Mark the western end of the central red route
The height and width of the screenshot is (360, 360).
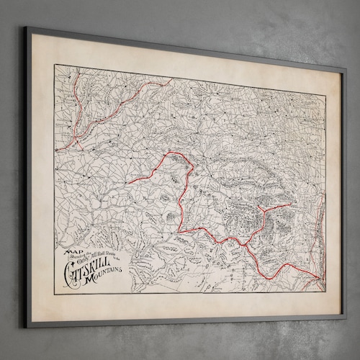point(127,183)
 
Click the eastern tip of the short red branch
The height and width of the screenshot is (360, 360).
point(290,204)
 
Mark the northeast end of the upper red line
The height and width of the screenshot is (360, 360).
point(170,80)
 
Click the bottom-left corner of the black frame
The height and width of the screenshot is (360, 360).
point(29,325)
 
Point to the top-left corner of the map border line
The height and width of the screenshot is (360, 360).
point(55,66)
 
